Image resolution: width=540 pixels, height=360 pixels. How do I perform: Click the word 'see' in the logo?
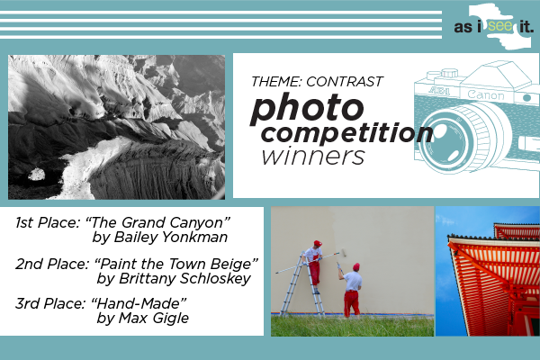pos(500,26)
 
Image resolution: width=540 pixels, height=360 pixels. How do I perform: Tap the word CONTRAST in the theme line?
pos(345,82)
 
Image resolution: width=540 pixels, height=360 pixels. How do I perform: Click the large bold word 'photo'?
pos(307,108)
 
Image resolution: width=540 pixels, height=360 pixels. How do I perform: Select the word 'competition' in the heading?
pos(347,133)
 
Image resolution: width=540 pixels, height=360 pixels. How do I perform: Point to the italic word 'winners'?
pos(312,157)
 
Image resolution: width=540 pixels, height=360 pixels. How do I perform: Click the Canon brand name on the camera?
pos(486,94)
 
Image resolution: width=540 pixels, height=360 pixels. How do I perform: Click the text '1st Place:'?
pos(48,222)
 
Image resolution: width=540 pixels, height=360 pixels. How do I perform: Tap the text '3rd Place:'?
pos(50,303)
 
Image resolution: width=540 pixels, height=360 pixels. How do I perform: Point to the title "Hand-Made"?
pos(139,303)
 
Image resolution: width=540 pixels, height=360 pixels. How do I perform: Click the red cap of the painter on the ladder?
pos(318,243)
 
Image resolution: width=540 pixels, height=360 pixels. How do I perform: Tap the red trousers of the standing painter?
pos(351,303)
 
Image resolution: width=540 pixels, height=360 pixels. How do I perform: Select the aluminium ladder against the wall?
pos(302,286)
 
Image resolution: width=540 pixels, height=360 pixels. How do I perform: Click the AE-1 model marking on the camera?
pos(439,91)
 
